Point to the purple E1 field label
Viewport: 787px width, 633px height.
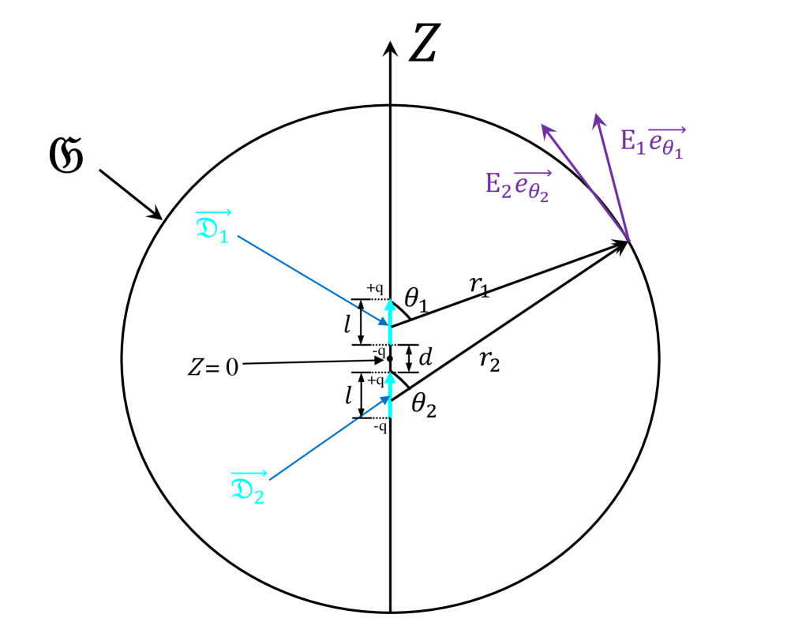pos(652,143)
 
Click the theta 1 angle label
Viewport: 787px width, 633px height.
pos(418,300)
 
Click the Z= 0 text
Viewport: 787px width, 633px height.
pos(212,367)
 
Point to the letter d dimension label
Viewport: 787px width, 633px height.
pos(425,358)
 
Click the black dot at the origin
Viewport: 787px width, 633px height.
pos(390,358)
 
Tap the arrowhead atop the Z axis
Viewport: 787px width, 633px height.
pos(390,49)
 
